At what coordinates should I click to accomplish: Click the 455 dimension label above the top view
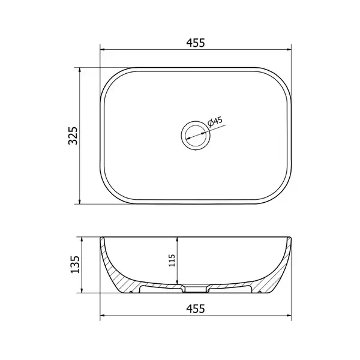pos(196,43)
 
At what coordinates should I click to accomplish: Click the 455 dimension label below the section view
pos(196,308)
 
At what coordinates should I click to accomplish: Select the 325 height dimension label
pos(73,136)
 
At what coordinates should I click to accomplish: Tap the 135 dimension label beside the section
pos(75,264)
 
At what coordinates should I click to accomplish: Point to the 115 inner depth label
pos(172,260)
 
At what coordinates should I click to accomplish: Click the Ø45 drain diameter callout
pos(215,122)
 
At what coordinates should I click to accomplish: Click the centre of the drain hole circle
pos(196,136)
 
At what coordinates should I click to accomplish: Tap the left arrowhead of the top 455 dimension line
pos(103,49)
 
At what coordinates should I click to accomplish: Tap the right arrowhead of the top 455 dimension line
pos(289,49)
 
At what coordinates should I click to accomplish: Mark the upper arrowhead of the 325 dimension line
pos(80,70)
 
